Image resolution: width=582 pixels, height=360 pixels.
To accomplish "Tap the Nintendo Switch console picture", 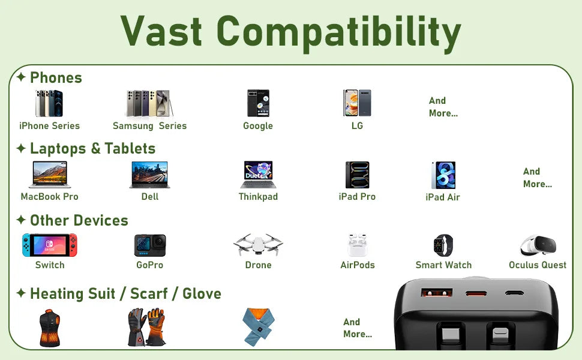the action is click(x=50, y=245).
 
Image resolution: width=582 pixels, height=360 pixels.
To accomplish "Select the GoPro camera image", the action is click(x=150, y=245).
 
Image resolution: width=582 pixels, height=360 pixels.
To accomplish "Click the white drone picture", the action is click(x=258, y=245).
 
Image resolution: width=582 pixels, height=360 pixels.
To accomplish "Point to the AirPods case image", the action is click(x=357, y=245).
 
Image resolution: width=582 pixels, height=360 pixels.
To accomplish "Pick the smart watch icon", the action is click(x=443, y=245).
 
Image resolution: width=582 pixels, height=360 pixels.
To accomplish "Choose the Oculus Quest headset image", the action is click(x=538, y=245).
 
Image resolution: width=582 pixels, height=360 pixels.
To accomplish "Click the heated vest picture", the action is click(x=50, y=328).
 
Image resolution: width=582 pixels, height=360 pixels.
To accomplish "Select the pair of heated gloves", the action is click(x=146, y=327).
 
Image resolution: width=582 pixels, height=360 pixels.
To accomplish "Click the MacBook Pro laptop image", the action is click(x=50, y=175).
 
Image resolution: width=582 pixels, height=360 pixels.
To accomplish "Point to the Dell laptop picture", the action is click(x=150, y=175).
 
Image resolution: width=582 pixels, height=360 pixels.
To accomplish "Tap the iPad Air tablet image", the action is click(x=443, y=175).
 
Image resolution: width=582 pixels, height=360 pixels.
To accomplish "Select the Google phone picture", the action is click(x=259, y=103).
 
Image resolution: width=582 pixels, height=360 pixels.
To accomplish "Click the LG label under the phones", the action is click(x=357, y=126).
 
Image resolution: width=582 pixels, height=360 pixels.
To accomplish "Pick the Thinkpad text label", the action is click(x=258, y=197).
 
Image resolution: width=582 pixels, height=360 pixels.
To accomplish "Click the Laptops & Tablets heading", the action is click(x=92, y=148).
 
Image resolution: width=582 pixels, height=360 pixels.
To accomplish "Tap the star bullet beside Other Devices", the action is click(x=21, y=220).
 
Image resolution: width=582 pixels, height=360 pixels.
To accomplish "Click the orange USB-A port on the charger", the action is click(x=437, y=293).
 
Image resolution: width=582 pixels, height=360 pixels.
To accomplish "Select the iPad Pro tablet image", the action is click(x=358, y=175).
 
